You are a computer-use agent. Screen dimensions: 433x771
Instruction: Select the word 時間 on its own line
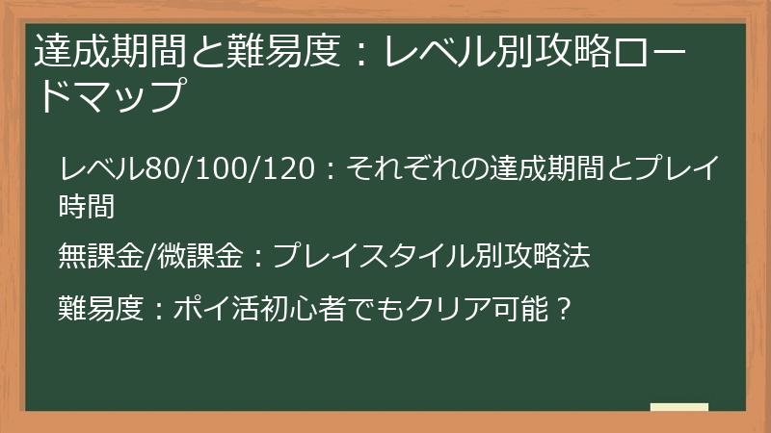(x=86, y=204)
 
